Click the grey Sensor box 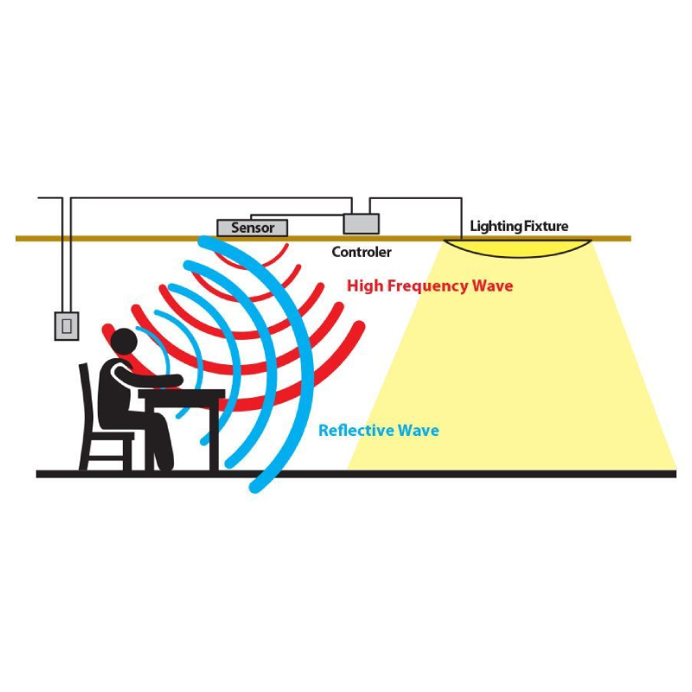pyautogui.click(x=253, y=227)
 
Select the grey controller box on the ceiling pyautogui.click(x=361, y=224)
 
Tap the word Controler pyautogui.click(x=362, y=252)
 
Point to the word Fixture pyautogui.click(x=547, y=226)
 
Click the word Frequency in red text pyautogui.click(x=427, y=286)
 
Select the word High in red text pyautogui.click(x=365, y=286)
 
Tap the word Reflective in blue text pyautogui.click(x=356, y=430)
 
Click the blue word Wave pyautogui.click(x=418, y=430)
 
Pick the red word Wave pyautogui.click(x=492, y=286)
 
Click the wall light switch pyautogui.click(x=67, y=326)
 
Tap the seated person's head pyautogui.click(x=124, y=341)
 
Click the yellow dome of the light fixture pyautogui.click(x=517, y=248)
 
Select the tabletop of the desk pyautogui.click(x=182, y=394)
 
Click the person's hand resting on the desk pyautogui.click(x=176, y=380)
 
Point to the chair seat pyautogui.click(x=112, y=436)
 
